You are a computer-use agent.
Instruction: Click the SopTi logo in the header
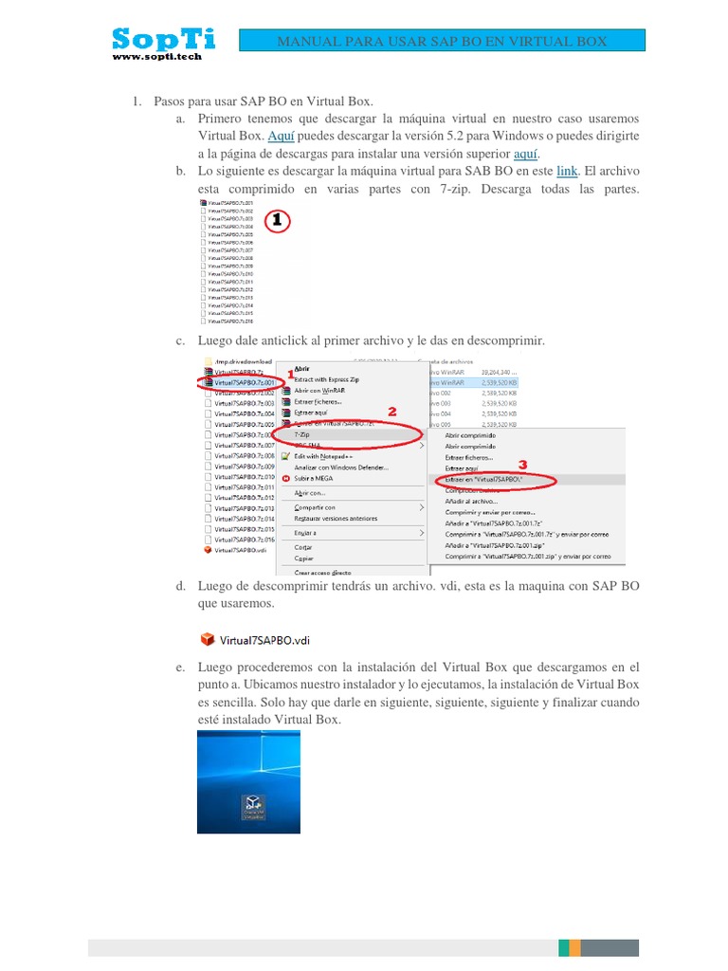click(163, 39)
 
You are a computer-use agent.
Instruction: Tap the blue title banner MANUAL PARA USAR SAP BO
click(441, 41)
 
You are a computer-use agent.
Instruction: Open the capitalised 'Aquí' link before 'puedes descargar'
click(282, 137)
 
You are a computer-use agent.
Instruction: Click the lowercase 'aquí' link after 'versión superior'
click(526, 154)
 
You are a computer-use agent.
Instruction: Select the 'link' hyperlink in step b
click(567, 172)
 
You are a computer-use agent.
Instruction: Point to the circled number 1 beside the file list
click(276, 221)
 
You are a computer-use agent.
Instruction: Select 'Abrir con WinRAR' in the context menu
click(318, 390)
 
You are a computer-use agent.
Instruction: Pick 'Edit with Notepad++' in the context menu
click(328, 456)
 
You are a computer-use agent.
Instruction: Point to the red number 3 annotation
click(521, 466)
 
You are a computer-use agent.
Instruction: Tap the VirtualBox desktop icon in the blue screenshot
click(252, 804)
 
